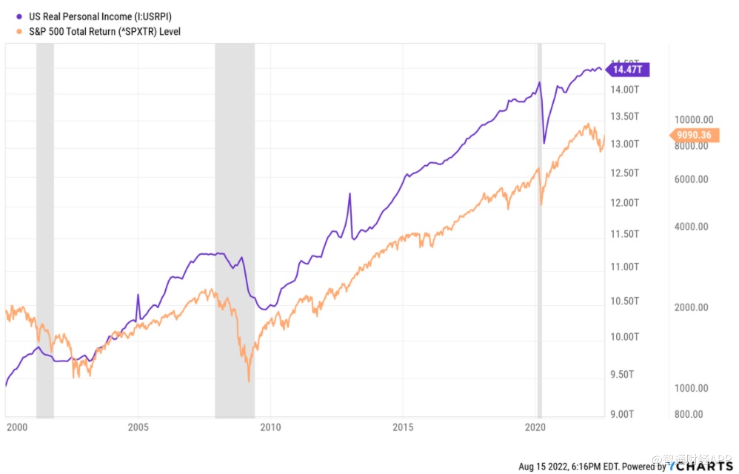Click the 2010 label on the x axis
(x=271, y=427)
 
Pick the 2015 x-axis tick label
(x=403, y=427)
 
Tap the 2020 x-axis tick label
(x=535, y=427)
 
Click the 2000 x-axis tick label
(x=17, y=427)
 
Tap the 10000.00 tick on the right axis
(x=693, y=120)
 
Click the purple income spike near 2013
(x=350, y=194)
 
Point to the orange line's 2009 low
(x=249, y=381)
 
